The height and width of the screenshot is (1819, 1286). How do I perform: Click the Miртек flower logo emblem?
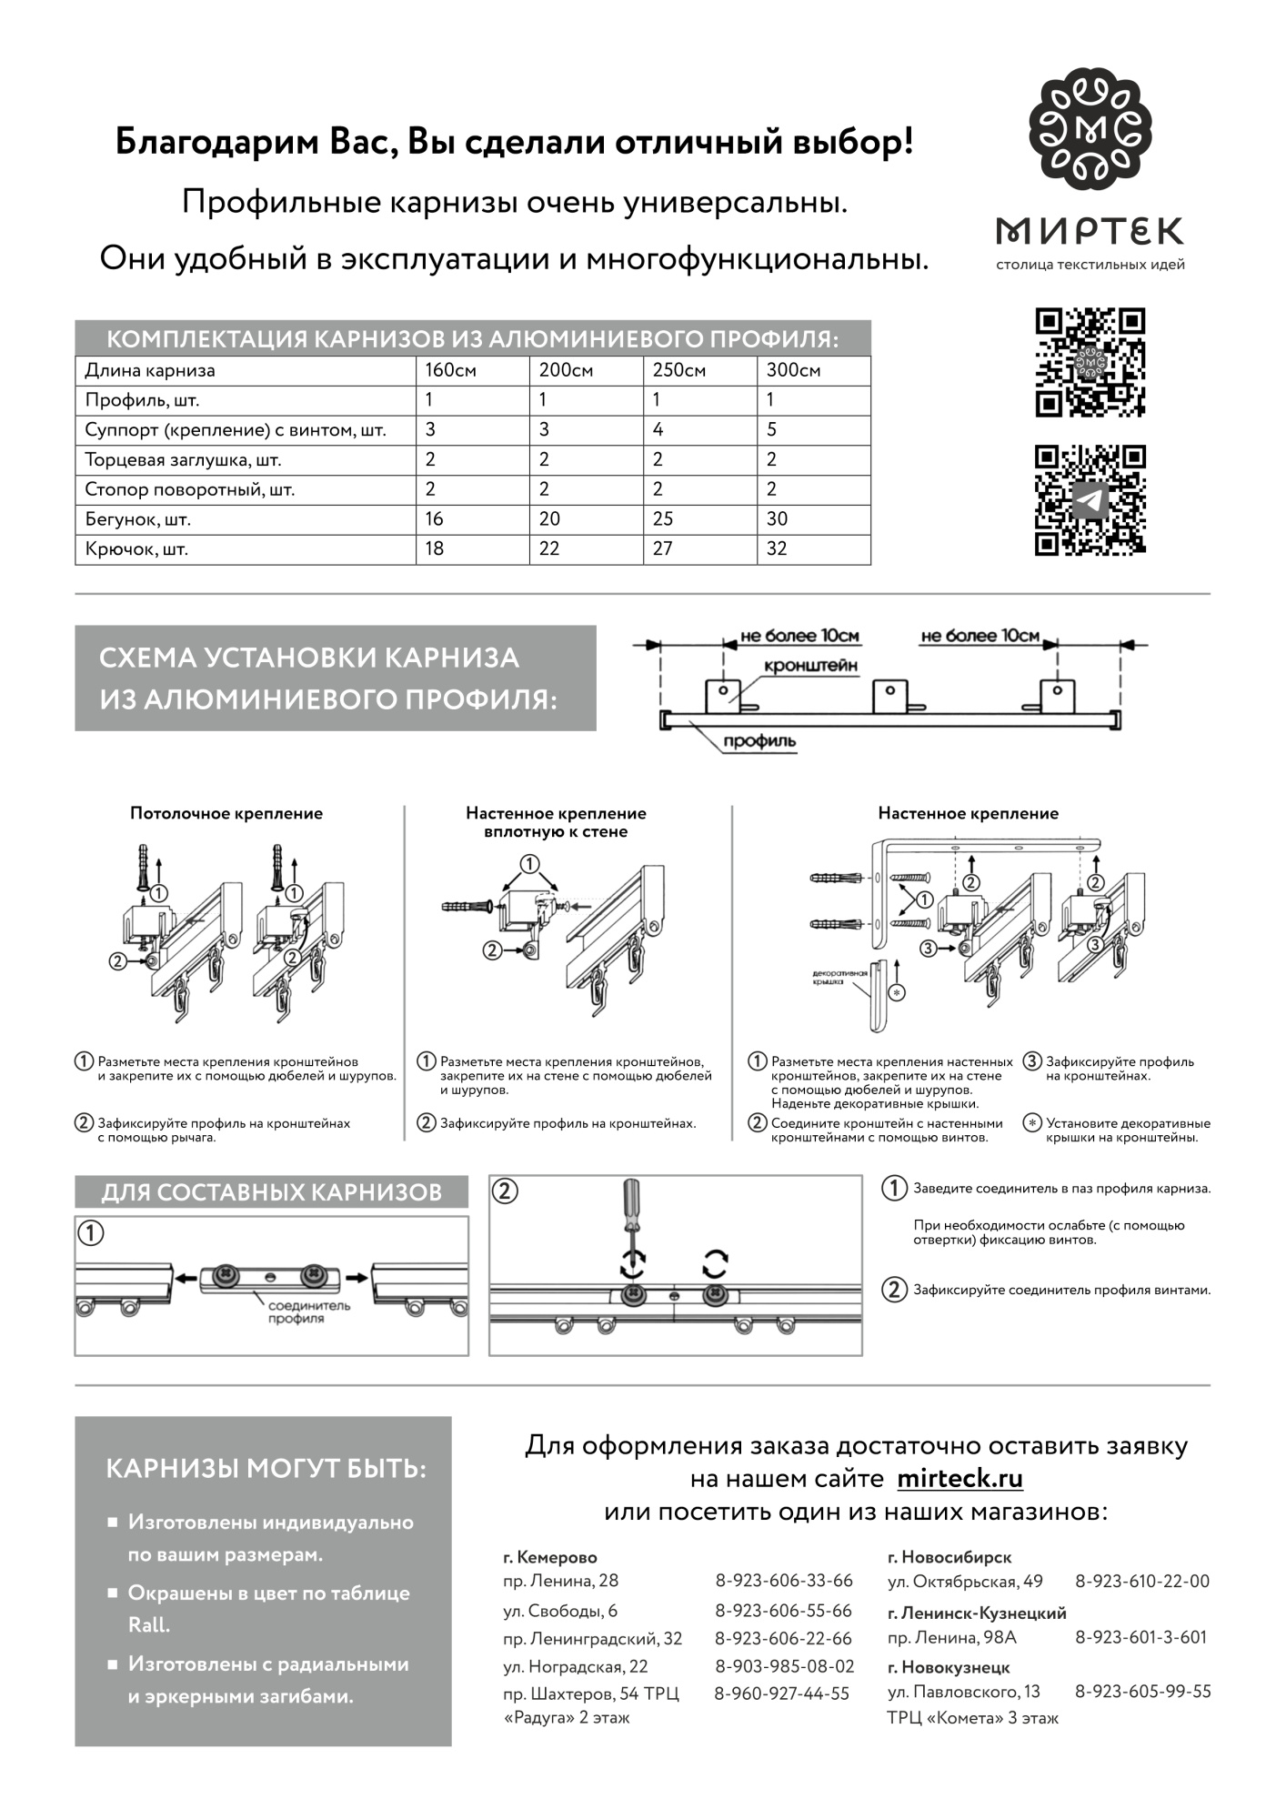pos(1090,135)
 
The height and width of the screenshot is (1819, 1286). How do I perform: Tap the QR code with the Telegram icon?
pos(1090,499)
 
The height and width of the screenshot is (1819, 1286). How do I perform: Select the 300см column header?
pos(793,370)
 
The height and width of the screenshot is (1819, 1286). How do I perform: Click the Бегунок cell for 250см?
pos(663,519)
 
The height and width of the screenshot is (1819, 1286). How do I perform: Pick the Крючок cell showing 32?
pos(777,548)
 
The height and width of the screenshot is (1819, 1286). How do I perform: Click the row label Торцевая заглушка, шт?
pos(183,460)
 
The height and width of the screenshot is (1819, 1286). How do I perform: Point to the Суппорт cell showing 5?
pos(771,429)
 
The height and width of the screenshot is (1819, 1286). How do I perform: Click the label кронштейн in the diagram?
pos(810,666)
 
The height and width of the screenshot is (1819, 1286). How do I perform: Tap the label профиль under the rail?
pos(759,741)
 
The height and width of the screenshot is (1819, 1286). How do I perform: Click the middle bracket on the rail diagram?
pos(889,696)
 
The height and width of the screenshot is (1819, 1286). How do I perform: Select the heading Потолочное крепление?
pos(226,813)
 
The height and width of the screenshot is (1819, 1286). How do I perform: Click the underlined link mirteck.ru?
pos(959,1478)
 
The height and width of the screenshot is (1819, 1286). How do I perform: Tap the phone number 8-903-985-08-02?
pos(785,1666)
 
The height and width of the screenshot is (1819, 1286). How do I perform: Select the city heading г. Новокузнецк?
pos(948,1667)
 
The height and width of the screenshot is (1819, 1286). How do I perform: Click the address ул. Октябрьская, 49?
pos(965,1581)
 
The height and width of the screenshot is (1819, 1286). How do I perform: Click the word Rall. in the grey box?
pos(148,1624)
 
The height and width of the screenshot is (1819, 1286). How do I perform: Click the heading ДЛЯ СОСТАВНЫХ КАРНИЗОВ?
pos(271,1191)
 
